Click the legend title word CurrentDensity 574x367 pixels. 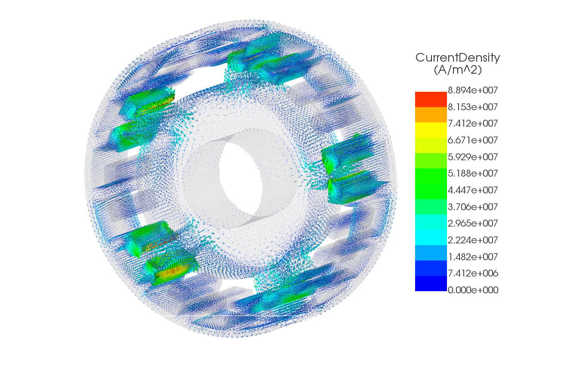tap(458, 58)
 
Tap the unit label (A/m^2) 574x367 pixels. tap(458, 70)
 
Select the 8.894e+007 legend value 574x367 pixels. tap(473, 90)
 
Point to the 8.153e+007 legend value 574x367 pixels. tap(473, 107)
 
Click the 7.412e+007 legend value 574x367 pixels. tap(473, 124)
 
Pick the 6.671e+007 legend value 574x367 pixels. tap(473, 140)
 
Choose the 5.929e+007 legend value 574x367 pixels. tap(473, 157)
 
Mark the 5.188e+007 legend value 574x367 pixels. tap(473, 174)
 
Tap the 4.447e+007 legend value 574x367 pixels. tap(473, 190)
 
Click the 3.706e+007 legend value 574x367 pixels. tap(473, 207)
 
